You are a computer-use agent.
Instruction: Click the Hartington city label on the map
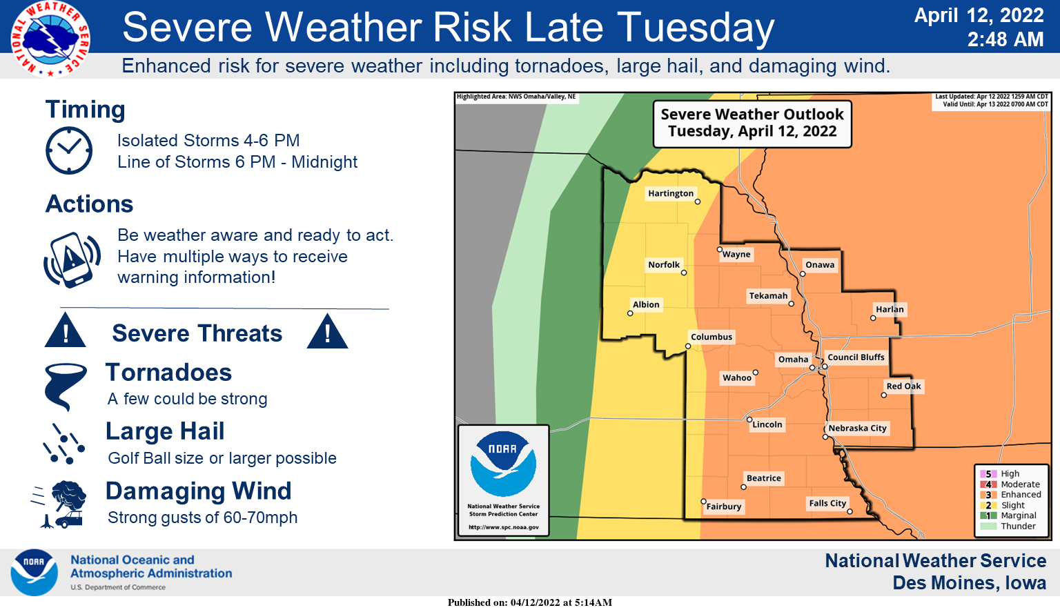coord(670,193)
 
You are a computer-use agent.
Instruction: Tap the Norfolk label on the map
coord(663,264)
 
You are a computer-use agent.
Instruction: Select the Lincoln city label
coord(767,424)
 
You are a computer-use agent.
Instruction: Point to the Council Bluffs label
coord(856,357)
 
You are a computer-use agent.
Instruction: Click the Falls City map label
coord(827,503)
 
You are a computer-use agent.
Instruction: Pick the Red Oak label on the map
coord(903,386)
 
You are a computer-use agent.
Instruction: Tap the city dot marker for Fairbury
coord(703,501)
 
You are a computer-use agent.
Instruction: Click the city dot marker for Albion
coord(630,313)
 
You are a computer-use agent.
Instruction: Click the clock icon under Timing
coord(69,150)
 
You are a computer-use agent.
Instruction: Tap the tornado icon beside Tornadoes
coord(65,386)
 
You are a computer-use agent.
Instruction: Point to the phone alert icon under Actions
coord(72,259)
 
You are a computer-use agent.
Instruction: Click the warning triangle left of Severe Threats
coord(66,331)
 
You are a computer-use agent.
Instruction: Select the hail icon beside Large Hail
coord(64,444)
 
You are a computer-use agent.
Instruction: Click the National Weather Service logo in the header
coord(50,39)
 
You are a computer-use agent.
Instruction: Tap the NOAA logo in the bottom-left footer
coord(34,572)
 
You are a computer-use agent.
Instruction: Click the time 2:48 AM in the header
coord(1005,40)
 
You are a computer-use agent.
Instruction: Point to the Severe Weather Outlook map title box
coord(752,124)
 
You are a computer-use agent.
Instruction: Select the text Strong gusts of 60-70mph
coord(203,518)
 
